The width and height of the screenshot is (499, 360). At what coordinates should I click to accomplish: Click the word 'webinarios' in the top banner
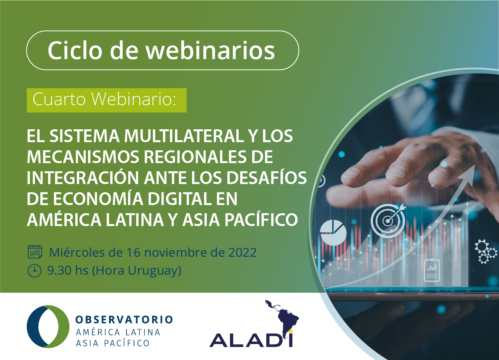pyautogui.click(x=210, y=50)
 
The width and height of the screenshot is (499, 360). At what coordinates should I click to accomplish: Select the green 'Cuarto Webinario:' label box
pyautogui.click(x=106, y=100)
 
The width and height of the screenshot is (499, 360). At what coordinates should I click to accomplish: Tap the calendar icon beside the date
pyautogui.click(x=35, y=252)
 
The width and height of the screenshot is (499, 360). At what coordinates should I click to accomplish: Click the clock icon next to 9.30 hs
pyautogui.click(x=34, y=271)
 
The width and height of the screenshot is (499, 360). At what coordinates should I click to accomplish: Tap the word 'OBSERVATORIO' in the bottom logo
pyautogui.click(x=124, y=320)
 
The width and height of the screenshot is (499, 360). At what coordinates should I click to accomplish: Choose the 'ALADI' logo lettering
pyautogui.click(x=251, y=340)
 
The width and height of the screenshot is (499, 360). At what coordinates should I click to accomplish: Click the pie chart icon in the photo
pyautogui.click(x=333, y=233)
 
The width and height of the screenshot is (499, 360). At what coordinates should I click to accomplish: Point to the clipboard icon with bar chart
pyautogui.click(x=431, y=270)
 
